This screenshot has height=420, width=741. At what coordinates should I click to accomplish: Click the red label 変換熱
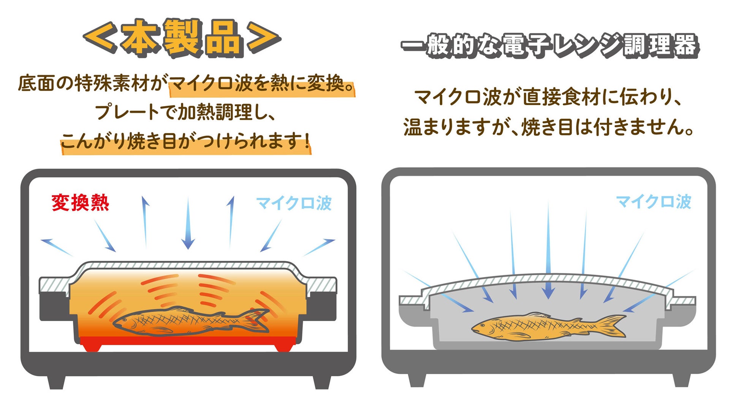click(x=80, y=203)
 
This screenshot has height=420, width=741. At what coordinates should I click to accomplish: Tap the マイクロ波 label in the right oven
click(x=653, y=202)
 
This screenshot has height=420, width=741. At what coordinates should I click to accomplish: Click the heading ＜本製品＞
click(x=182, y=38)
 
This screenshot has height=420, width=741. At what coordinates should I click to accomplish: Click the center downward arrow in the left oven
click(x=188, y=224)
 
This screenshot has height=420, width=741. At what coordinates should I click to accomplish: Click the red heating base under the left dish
click(x=188, y=341)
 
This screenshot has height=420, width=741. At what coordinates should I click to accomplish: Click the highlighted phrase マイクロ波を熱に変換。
click(x=261, y=84)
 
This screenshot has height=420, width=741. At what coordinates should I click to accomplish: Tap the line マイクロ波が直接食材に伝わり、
click(x=547, y=97)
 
